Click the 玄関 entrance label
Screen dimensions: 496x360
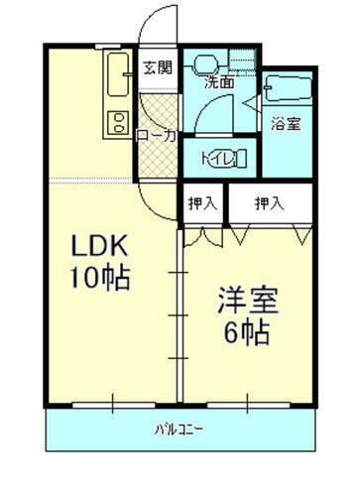pyautogui.click(x=157, y=67)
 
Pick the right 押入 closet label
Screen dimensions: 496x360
pyautogui.click(x=269, y=203)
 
